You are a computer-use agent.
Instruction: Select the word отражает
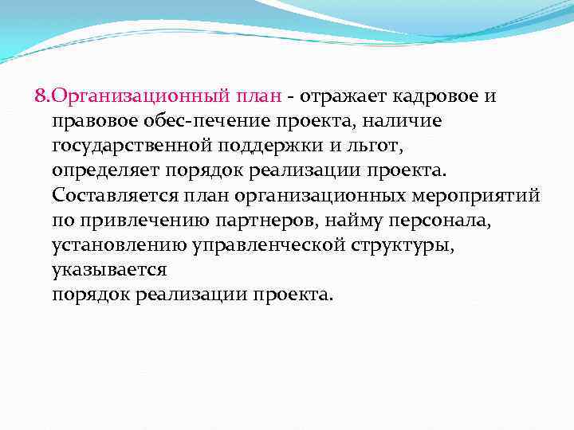click(341, 96)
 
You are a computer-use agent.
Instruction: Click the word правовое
click(88, 121)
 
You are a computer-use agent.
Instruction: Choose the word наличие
click(399, 121)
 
